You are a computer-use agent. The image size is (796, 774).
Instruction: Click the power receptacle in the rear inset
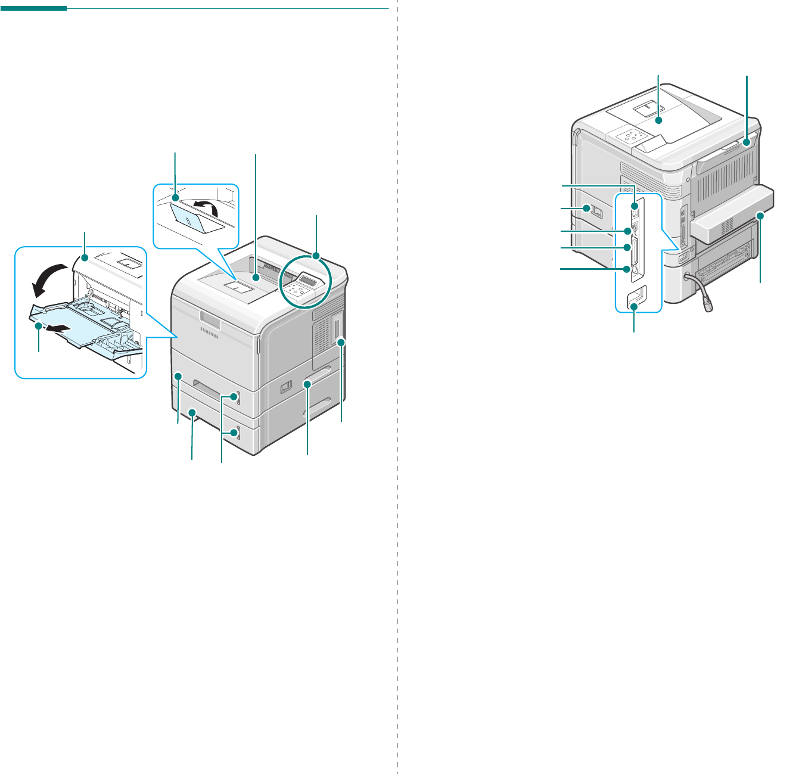coord(636,297)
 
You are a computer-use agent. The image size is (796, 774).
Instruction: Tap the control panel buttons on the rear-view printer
coord(629,137)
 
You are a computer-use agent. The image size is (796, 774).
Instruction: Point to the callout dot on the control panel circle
coord(316,256)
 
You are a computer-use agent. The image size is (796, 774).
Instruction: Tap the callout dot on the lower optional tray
coord(192,412)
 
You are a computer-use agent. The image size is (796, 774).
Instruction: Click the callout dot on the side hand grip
coord(307,385)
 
